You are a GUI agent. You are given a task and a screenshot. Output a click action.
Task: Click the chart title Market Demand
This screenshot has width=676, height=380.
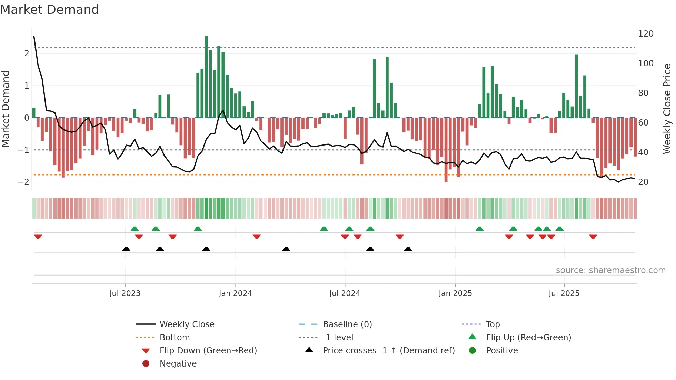click(x=50, y=10)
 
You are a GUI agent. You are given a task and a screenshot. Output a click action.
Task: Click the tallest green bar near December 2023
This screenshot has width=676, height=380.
click(x=206, y=77)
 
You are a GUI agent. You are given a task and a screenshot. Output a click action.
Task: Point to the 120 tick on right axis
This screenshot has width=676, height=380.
click(x=646, y=34)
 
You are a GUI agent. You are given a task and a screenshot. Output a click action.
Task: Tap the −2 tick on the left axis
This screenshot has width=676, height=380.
click(x=23, y=182)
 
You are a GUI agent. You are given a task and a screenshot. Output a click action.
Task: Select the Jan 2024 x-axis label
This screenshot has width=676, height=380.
click(x=235, y=293)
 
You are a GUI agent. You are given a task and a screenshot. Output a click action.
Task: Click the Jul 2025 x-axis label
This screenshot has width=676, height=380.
click(x=564, y=293)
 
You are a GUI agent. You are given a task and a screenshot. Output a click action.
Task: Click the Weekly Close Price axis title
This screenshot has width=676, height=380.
click(x=667, y=109)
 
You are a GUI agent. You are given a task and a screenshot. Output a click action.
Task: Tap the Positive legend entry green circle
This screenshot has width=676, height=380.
click(x=473, y=351)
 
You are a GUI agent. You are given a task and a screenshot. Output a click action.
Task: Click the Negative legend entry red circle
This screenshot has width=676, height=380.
click(x=146, y=364)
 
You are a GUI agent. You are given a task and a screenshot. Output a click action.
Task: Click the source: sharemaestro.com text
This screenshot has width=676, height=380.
click(x=610, y=270)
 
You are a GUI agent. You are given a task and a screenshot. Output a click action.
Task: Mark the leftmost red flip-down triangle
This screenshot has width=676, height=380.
click(x=38, y=237)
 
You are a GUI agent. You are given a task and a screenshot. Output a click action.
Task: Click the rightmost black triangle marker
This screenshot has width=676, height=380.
click(x=408, y=249)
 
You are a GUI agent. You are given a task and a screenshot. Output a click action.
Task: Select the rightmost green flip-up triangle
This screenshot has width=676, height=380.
click(x=559, y=229)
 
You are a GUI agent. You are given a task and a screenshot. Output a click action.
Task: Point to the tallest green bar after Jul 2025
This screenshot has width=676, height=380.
click(x=576, y=86)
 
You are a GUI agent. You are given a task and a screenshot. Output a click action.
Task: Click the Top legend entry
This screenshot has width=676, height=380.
click(x=493, y=324)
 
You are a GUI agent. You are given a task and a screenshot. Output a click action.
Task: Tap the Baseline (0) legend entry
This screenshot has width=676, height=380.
click(x=347, y=324)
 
